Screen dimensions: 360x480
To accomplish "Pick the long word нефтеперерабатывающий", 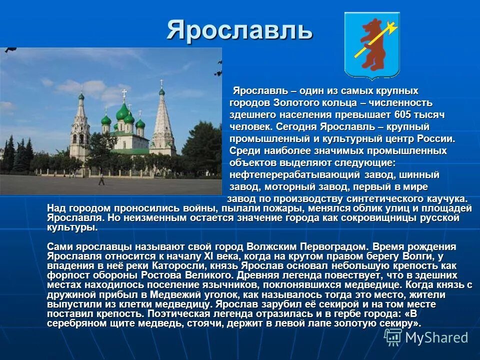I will pyautogui.click(x=294, y=175).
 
